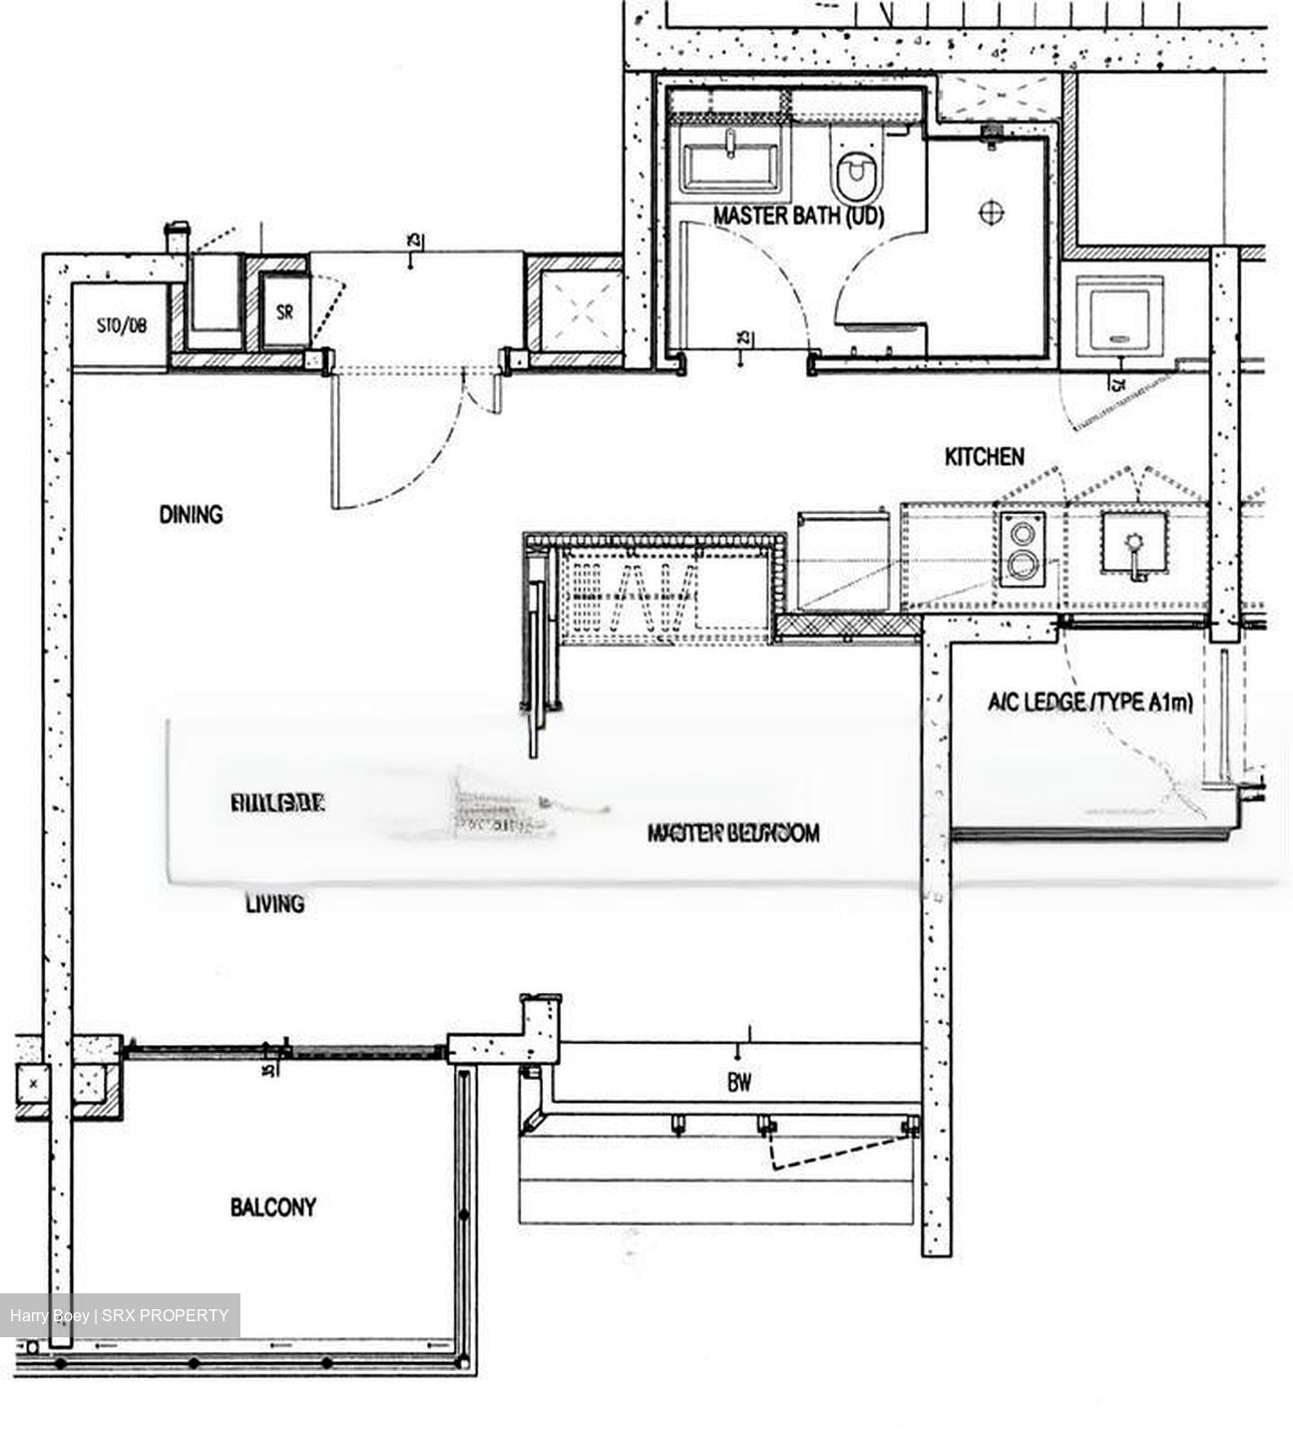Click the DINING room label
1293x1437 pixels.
[x=191, y=515]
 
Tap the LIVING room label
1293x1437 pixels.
[x=274, y=904]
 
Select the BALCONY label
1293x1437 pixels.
[x=273, y=1207]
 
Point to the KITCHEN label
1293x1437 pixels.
[x=984, y=457]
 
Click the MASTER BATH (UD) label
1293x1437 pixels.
[x=798, y=216]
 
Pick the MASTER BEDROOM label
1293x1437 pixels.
[x=733, y=832]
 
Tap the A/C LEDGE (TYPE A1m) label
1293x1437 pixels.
[x=1089, y=704]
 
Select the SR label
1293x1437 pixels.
[x=285, y=311]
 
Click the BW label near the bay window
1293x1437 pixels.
[x=739, y=1082]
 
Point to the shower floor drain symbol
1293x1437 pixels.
[x=992, y=212]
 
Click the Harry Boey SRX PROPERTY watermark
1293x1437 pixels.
[x=120, y=1315]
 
